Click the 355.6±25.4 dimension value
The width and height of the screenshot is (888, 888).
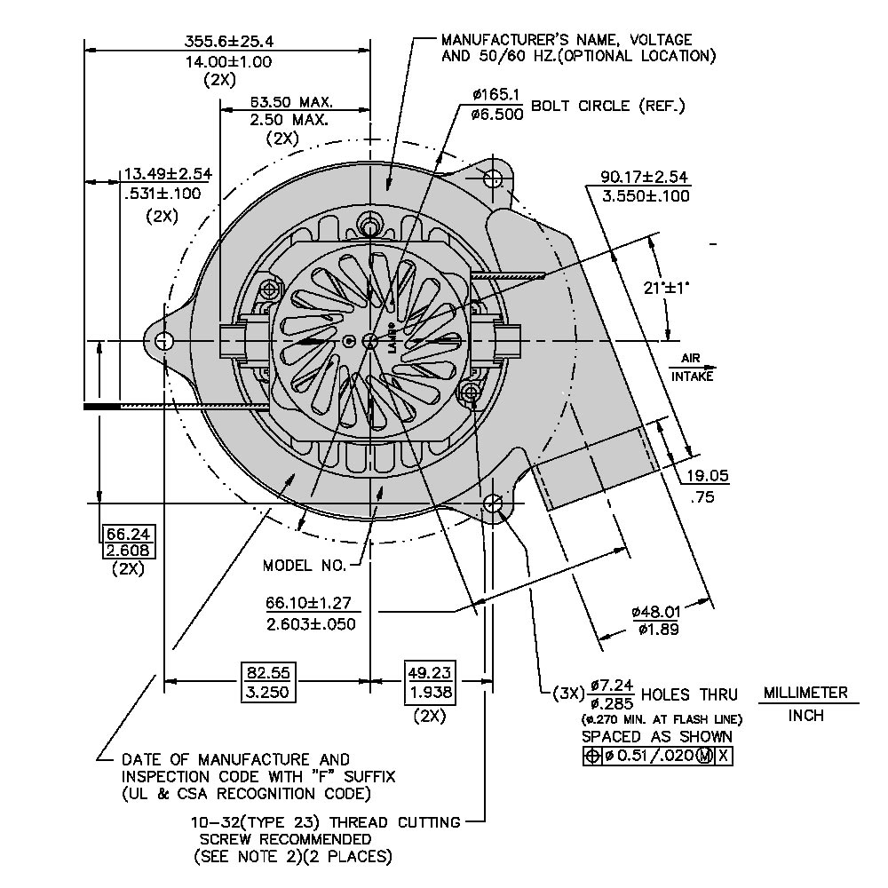pyautogui.click(x=229, y=41)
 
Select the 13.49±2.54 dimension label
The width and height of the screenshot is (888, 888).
pyautogui.click(x=162, y=173)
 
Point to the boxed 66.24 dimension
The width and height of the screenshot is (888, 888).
pyautogui.click(x=130, y=534)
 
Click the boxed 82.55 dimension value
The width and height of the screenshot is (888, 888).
pyautogui.click(x=267, y=672)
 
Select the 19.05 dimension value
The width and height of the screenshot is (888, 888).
pyautogui.click(x=708, y=476)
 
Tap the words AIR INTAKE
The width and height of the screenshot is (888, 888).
pyautogui.click(x=692, y=368)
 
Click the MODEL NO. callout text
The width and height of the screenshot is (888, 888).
pyautogui.click(x=303, y=566)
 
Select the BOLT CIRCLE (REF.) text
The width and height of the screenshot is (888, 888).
pyautogui.click(x=608, y=107)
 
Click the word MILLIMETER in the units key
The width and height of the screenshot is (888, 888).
pyautogui.click(x=805, y=693)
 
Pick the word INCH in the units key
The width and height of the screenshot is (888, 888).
pyautogui.click(x=805, y=716)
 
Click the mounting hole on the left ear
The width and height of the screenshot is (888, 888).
pyautogui.click(x=163, y=341)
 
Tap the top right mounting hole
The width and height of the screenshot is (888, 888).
pyautogui.click(x=494, y=178)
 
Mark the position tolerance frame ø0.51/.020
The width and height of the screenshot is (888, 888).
pyautogui.click(x=658, y=756)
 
